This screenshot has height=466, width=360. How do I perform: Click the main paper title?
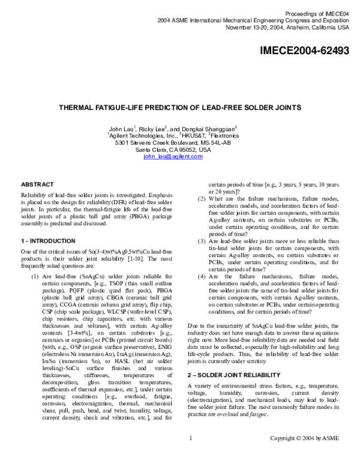(x=180, y=108)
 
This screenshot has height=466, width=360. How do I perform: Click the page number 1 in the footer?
(x=190, y=455)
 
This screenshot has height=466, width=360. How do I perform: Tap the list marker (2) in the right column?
(x=202, y=199)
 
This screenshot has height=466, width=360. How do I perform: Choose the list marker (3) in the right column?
(x=202, y=241)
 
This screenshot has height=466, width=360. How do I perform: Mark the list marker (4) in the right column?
(x=202, y=276)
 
